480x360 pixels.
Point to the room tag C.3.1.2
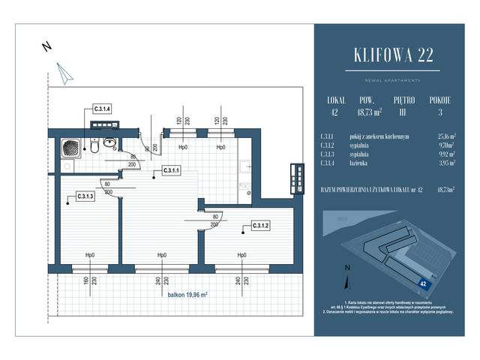tap(260, 226)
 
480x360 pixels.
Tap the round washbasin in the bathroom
tap(110, 141)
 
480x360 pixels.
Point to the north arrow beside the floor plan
tap(64, 73)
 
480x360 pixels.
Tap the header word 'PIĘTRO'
tap(403, 99)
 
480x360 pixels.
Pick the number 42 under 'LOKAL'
tap(334, 112)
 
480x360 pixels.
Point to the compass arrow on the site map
tap(347, 280)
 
